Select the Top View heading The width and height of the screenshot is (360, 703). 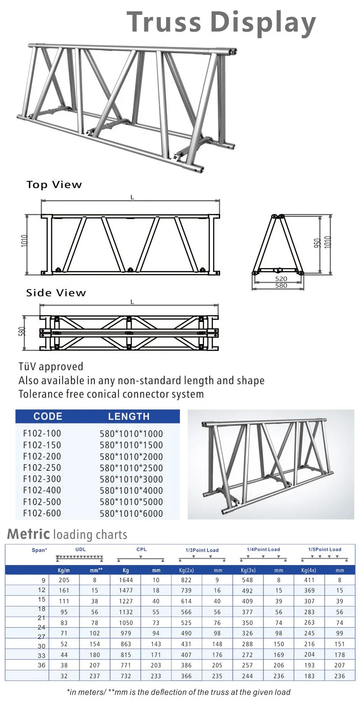pyautogui.click(x=54, y=185)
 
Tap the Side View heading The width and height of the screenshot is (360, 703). pyautogui.click(x=56, y=293)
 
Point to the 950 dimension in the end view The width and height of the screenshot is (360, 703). pyautogui.click(x=318, y=244)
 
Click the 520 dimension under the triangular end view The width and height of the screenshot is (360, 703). pyautogui.click(x=281, y=279)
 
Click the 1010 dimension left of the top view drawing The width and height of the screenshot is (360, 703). pyautogui.click(x=24, y=244)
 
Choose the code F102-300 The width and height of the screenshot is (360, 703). pyautogui.click(x=42, y=479)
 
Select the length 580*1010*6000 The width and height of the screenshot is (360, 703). pyautogui.click(x=131, y=513)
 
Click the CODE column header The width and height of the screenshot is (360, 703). pyautogui.click(x=48, y=416)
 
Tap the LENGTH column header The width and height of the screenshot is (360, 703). pyautogui.click(x=129, y=416)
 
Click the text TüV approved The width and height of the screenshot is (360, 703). pyautogui.click(x=51, y=367)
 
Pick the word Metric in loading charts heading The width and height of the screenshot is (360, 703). pyautogui.click(x=28, y=534)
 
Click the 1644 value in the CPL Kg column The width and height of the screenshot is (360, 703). pyautogui.click(x=126, y=580)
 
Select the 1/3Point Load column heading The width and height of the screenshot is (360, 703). pyautogui.click(x=202, y=550)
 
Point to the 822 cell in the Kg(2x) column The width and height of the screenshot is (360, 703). pyautogui.click(x=186, y=580)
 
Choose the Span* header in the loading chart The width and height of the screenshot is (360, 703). pyautogui.click(x=40, y=550)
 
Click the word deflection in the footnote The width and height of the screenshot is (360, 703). pyautogui.click(x=179, y=692)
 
